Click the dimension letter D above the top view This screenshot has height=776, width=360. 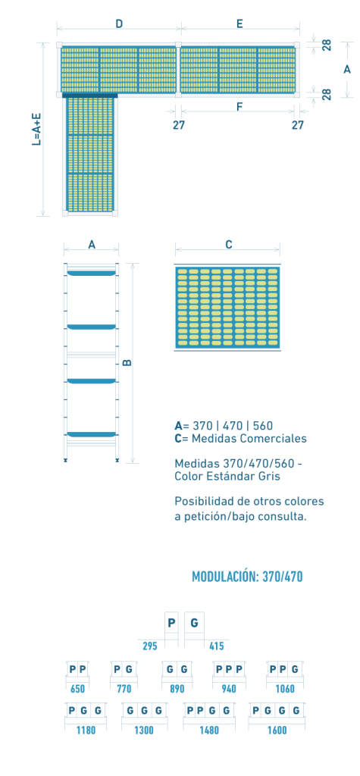[x=119, y=23]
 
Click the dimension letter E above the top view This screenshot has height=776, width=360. [x=239, y=23]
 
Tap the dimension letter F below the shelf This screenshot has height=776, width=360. [x=239, y=106]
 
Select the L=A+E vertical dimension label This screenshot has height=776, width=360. [x=36, y=130]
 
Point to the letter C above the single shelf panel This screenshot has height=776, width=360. [x=228, y=244]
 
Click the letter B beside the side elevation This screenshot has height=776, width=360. [x=127, y=363]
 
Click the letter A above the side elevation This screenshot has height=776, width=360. [x=92, y=244]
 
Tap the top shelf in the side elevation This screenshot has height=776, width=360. [x=92, y=273]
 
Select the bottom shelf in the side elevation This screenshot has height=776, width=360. [x=92, y=434]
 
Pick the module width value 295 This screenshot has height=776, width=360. [x=150, y=646]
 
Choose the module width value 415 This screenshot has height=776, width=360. [x=217, y=646]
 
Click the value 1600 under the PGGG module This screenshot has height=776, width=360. [x=277, y=730]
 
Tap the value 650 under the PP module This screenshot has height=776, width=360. [x=78, y=688]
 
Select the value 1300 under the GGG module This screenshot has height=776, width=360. [x=143, y=730]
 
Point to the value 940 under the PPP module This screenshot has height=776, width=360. [x=228, y=688]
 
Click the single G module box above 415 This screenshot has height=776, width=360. [x=194, y=623]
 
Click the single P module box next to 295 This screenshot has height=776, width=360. [x=171, y=623]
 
